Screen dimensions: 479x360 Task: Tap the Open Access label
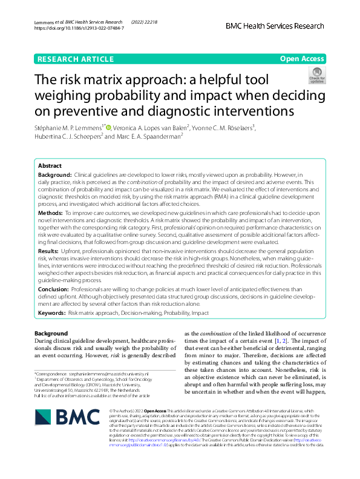coord(303,59)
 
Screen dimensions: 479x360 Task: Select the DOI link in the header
coord(79,28)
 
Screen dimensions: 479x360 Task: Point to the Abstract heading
coord(50,165)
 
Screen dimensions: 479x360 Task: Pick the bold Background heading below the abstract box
coord(51,334)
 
